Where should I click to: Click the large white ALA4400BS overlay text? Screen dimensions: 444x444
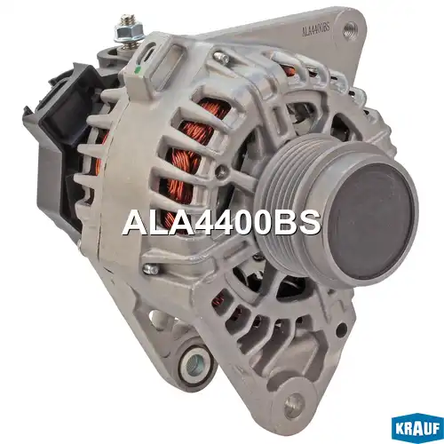click(x=222, y=223)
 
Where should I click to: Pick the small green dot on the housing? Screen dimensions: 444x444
click(x=137, y=70)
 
